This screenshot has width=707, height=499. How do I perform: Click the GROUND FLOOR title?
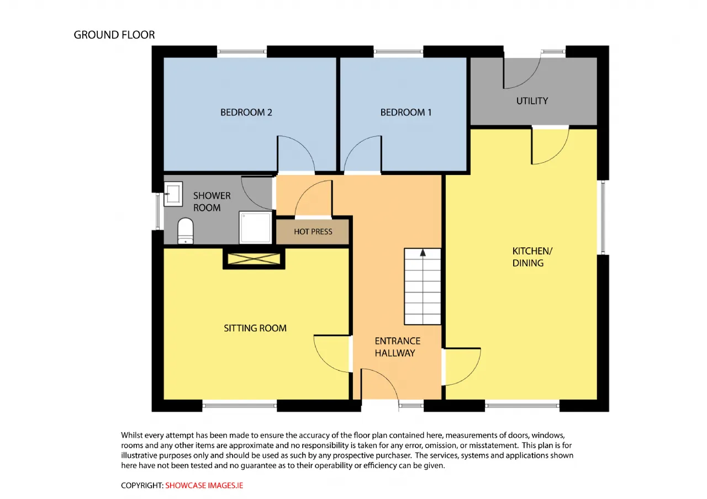114,35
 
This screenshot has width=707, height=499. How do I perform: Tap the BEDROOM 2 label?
246,112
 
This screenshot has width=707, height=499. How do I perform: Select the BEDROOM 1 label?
406,112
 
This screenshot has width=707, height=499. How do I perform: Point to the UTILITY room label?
532,101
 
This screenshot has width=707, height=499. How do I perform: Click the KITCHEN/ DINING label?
532,257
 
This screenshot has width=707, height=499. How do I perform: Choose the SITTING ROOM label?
255,328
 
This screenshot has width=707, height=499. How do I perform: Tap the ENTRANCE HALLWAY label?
397,347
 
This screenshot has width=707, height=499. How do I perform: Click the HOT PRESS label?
313,232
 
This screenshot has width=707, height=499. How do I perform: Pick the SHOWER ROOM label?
212,202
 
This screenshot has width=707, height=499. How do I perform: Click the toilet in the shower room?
186,231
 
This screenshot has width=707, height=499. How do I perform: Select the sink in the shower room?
173,194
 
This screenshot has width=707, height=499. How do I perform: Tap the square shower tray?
255,227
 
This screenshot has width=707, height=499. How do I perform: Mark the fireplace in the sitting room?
254,259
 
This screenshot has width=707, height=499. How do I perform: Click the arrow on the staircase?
423,253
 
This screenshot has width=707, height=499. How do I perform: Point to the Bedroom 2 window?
242,51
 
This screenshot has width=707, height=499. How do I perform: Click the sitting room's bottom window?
240,406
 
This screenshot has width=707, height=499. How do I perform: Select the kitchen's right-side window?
603,217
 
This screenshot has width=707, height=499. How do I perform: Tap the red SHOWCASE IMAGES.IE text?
204,485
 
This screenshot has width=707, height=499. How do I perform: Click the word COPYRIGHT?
143,485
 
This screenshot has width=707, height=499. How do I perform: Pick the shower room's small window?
158,211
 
